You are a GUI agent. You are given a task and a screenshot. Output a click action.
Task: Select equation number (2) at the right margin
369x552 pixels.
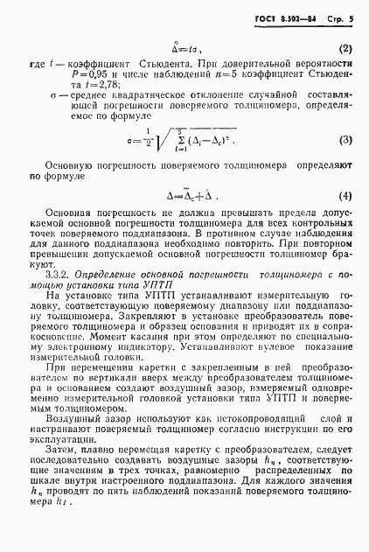(x=345, y=48)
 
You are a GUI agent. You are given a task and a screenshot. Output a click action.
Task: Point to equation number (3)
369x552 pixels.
(x=345, y=140)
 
